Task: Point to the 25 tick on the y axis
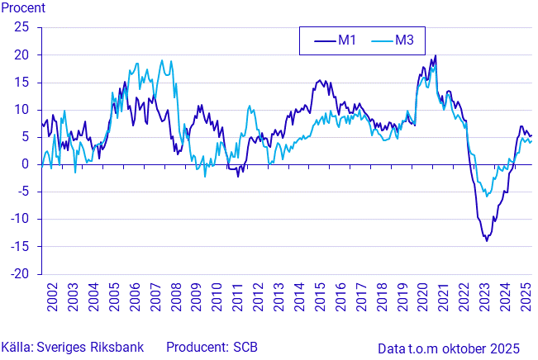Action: [x=22, y=27]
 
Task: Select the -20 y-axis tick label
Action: [x=20, y=274]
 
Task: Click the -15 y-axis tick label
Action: [x=20, y=246]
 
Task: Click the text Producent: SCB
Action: [x=212, y=347]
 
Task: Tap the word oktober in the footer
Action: [x=469, y=348]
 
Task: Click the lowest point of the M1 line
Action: [x=487, y=240]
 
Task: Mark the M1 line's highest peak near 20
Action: [x=436, y=55]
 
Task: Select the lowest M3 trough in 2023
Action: [x=487, y=197]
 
